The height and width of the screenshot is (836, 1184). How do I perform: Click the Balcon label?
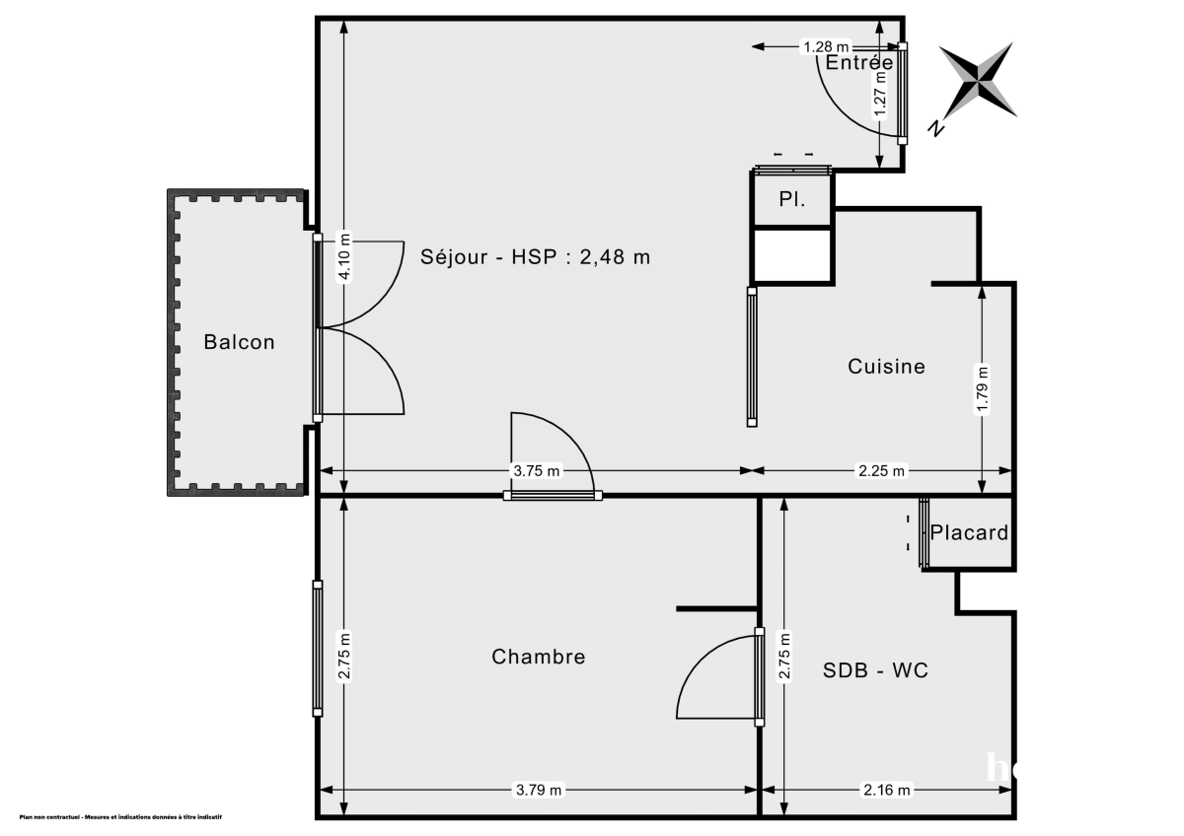(x=239, y=343)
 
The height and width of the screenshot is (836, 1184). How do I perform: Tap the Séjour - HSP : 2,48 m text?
(x=536, y=257)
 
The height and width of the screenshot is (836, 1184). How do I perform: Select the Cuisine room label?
(x=886, y=367)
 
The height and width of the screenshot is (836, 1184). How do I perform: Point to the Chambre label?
(x=538, y=657)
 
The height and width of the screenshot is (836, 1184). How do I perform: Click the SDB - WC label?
(x=875, y=671)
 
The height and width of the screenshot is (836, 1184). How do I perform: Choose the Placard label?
(x=969, y=533)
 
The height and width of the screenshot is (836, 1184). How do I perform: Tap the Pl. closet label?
(x=791, y=199)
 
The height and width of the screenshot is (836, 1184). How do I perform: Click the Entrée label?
(x=859, y=63)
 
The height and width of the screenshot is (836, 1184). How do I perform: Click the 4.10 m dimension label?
(x=344, y=257)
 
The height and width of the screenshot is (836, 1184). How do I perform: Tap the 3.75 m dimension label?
(x=536, y=471)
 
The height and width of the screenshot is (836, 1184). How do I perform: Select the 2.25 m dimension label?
(x=881, y=471)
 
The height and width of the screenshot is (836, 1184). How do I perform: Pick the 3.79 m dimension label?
(x=539, y=790)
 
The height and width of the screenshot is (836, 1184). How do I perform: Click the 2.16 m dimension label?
(x=887, y=790)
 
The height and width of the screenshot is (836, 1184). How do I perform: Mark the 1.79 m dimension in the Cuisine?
(x=982, y=390)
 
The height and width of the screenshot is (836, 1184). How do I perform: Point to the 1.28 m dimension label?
(x=826, y=46)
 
